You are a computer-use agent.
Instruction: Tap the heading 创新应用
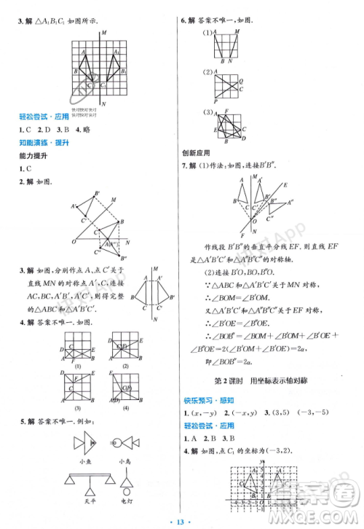195,152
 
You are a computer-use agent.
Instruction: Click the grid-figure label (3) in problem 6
207,112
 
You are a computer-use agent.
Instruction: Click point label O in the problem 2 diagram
73,241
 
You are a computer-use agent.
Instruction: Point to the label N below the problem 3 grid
104,103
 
